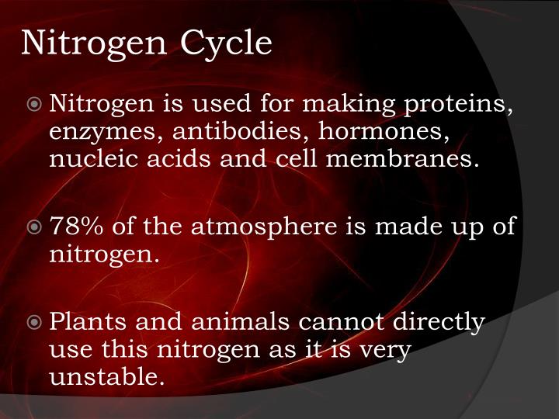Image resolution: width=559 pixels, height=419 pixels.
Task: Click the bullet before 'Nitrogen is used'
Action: tap(36, 103)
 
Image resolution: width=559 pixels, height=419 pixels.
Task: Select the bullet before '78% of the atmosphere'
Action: tap(36, 227)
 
